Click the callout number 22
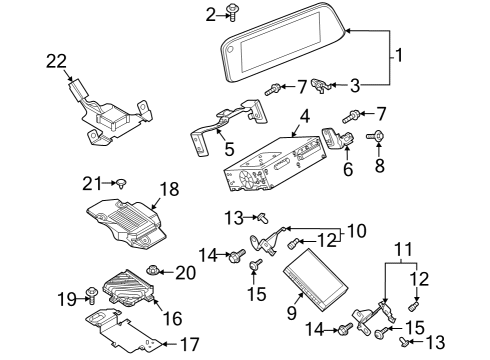56,61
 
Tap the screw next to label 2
232,13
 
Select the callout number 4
305,117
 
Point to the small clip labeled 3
321,86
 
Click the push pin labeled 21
122,183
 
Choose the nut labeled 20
153,270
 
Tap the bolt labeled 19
91,295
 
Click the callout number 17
190,344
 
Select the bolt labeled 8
375,137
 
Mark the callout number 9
292,313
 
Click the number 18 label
170,189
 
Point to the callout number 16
172,318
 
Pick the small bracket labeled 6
337,138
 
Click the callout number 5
229,149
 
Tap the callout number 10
356,231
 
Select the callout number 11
404,249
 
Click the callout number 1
399,55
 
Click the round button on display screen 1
230,49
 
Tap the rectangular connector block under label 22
77,88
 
